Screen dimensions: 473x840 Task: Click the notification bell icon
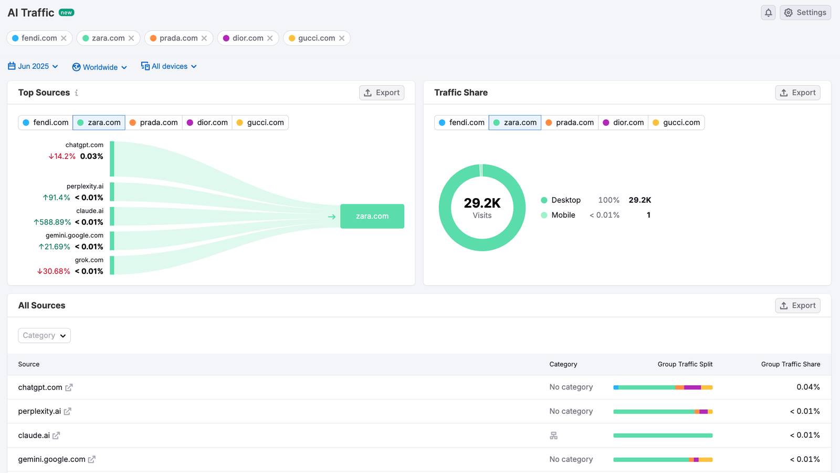point(768,13)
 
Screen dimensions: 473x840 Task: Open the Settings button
point(805,13)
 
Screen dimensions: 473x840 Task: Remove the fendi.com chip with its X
point(64,38)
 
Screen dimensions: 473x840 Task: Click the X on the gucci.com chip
point(342,38)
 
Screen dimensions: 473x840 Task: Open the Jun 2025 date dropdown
point(33,66)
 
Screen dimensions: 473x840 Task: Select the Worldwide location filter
point(100,67)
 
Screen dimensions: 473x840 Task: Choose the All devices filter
point(169,66)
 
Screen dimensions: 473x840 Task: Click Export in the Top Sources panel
point(382,92)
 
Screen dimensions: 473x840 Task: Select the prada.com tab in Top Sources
point(154,122)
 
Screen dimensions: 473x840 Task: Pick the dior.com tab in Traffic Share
point(623,122)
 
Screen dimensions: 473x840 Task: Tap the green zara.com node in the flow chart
point(372,216)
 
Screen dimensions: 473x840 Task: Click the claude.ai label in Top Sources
point(90,211)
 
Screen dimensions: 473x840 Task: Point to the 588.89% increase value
point(52,222)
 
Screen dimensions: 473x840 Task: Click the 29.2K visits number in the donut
point(482,203)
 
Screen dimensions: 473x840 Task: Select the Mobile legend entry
point(563,215)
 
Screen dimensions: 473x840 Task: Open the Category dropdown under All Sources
point(45,335)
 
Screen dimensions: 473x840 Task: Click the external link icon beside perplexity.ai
point(68,412)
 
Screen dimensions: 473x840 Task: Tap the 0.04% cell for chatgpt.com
point(808,387)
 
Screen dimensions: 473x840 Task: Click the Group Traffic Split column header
point(685,364)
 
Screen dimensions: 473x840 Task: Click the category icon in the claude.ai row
point(553,436)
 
